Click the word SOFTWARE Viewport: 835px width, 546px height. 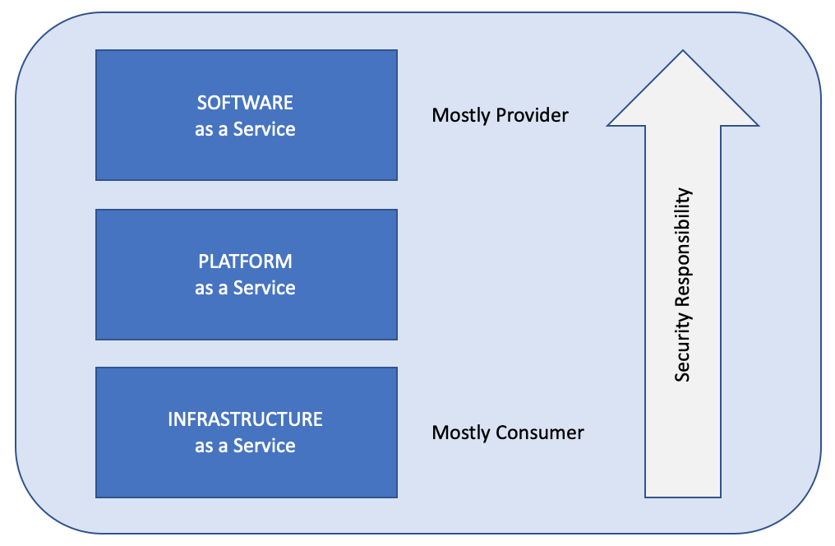pyautogui.click(x=245, y=102)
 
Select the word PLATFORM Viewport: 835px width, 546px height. pyautogui.click(x=245, y=261)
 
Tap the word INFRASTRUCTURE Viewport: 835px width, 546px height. pyautogui.click(x=245, y=419)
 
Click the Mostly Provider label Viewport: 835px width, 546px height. pyautogui.click(x=500, y=116)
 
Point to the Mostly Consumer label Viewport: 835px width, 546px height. pyautogui.click(x=508, y=433)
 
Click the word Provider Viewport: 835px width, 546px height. pyautogui.click(x=532, y=115)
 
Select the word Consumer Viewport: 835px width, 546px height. pyautogui.click(x=539, y=433)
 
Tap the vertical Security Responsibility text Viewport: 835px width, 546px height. pyautogui.click(x=683, y=285)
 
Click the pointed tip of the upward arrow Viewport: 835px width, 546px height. pyautogui.click(x=683, y=51)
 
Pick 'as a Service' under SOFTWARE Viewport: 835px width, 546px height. pyautogui.click(x=245, y=129)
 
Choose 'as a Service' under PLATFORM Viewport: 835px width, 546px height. pyautogui.click(x=245, y=288)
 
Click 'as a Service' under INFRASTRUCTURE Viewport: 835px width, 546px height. pyautogui.click(x=245, y=446)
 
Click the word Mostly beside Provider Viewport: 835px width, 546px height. pyautogui.click(x=461, y=116)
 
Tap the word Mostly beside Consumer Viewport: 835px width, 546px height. pyautogui.click(x=461, y=433)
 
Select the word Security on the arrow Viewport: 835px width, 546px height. pyautogui.click(x=683, y=347)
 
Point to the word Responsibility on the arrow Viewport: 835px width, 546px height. pyautogui.click(x=683, y=248)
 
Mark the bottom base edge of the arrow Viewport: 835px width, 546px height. pyautogui.click(x=683, y=497)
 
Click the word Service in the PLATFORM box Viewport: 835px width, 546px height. pyautogui.click(x=264, y=288)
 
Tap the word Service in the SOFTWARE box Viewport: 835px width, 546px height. pyautogui.click(x=264, y=129)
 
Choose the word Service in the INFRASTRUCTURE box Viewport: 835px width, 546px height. pyautogui.click(x=264, y=446)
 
